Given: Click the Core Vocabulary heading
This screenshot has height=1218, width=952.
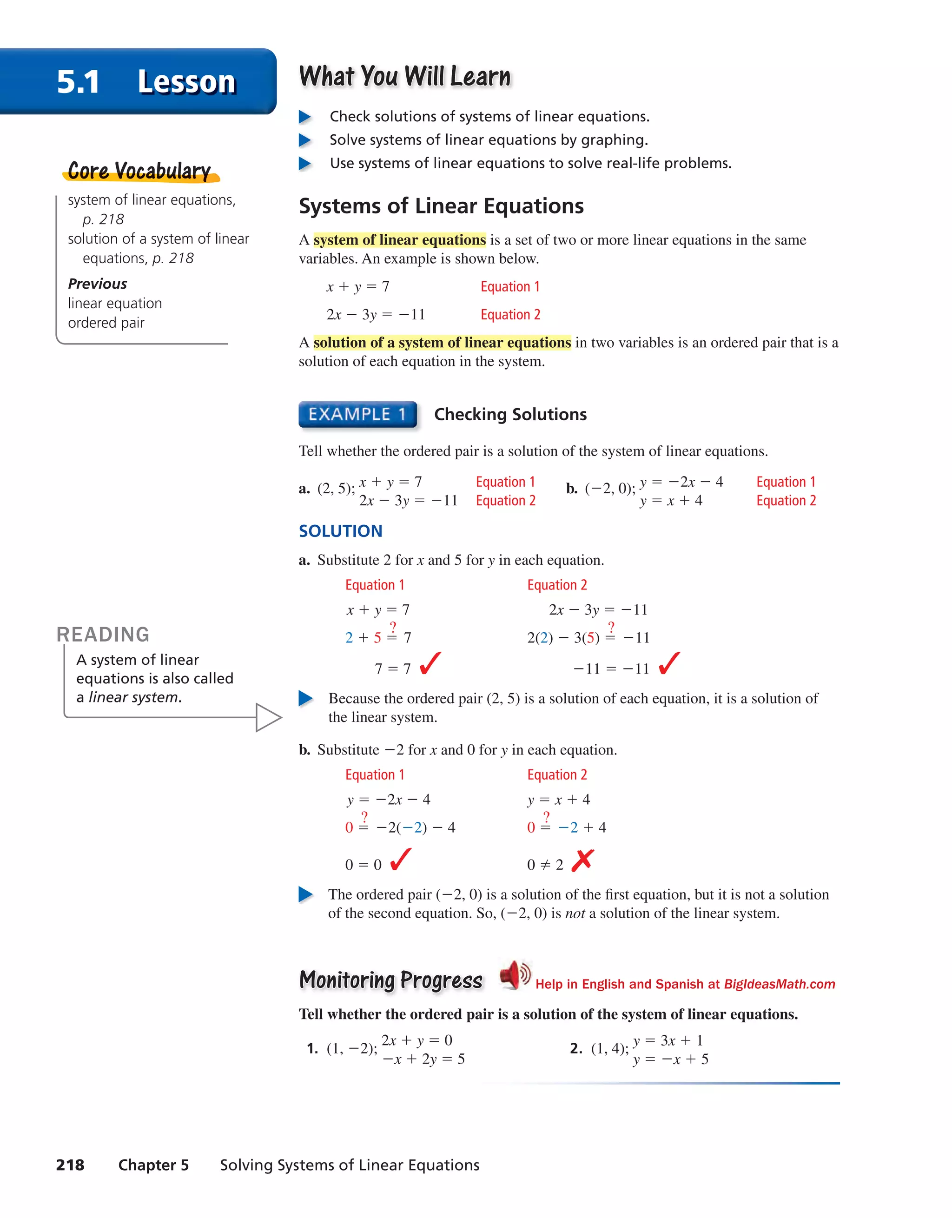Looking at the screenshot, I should pos(139,171).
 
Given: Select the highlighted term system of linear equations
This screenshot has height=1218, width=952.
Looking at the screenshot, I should pos(399,240).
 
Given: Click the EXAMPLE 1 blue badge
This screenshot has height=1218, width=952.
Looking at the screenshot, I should pos(357,414).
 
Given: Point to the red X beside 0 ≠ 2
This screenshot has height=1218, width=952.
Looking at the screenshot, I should pos(582,861).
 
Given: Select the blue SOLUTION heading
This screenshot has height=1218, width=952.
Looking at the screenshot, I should pos(340,531).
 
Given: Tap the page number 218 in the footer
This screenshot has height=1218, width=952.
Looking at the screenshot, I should pos(70,1165).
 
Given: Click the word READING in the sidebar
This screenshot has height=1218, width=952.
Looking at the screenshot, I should pos(103,635).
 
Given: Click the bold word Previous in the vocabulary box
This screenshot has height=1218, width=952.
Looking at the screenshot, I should pos(98,284).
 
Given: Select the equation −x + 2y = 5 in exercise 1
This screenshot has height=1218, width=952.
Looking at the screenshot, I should pos(423,1059).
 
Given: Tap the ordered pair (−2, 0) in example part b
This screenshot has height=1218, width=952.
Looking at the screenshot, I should pos(608,489).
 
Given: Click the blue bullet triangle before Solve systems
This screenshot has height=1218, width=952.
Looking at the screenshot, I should pos(305,140).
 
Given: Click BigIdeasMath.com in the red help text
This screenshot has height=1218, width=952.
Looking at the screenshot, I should pos(779,984).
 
